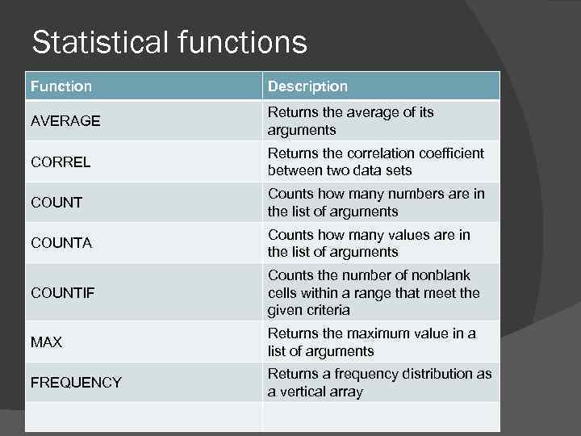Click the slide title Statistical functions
tap(169, 42)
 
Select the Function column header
tap(61, 86)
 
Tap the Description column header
tap(307, 86)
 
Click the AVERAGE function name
tap(65, 121)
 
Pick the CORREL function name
tap(61, 161)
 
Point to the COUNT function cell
tap(56, 203)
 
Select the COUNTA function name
tap(61, 243)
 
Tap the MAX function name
tap(46, 342)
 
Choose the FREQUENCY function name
tap(76, 383)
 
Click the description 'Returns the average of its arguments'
tap(350, 121)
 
